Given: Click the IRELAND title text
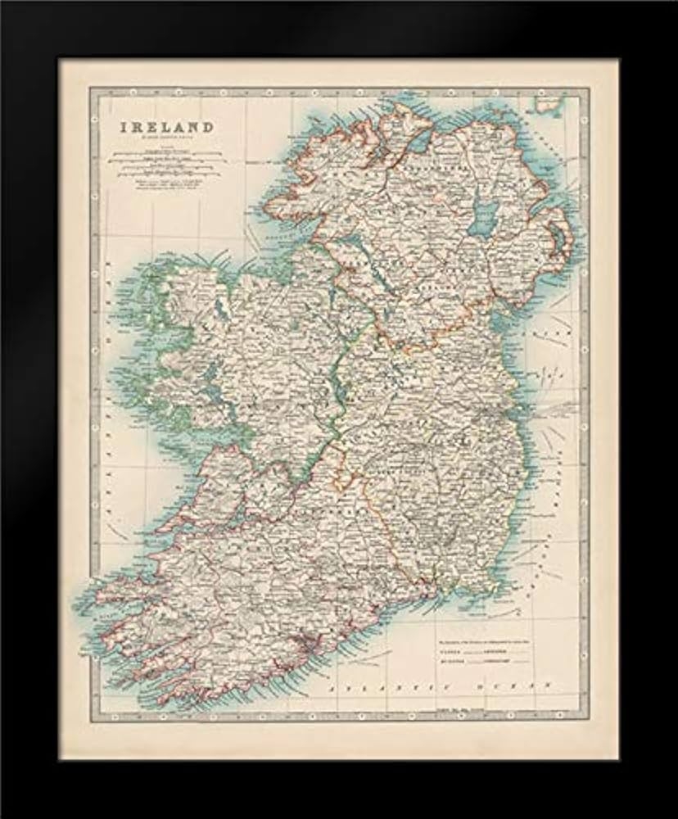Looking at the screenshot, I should (168, 128).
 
